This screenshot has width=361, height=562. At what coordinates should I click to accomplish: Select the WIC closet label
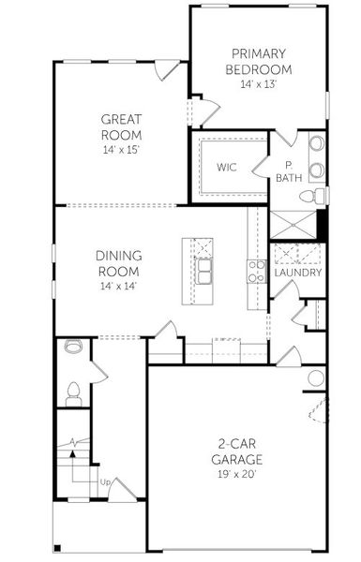tap(226, 168)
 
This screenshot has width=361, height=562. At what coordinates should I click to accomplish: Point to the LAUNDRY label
tap(298, 273)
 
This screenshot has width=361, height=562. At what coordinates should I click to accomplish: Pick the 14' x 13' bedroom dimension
tap(259, 84)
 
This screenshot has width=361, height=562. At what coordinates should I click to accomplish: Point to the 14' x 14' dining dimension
tap(118, 286)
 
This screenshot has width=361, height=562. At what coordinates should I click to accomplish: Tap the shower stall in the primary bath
tap(293, 226)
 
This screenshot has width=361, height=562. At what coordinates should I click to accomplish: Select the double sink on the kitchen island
tap(203, 272)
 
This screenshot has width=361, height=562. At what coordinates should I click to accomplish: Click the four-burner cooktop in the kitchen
tap(255, 272)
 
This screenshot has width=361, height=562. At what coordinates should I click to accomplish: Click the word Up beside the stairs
tap(106, 482)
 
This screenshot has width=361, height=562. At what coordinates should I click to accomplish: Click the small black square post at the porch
tap(59, 548)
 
